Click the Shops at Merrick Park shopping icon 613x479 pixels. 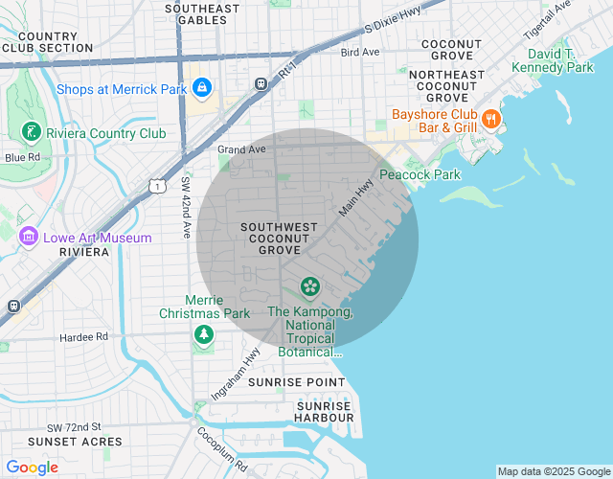201,89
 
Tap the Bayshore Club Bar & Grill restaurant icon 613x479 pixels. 490,120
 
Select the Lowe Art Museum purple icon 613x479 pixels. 29,237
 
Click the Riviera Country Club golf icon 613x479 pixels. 31,133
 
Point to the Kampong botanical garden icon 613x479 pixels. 309,285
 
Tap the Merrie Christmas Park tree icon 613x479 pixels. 203,334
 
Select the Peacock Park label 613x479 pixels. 420,174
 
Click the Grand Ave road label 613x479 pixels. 240,149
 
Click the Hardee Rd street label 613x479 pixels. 83,337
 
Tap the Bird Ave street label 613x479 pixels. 360,52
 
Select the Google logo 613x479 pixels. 32,468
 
